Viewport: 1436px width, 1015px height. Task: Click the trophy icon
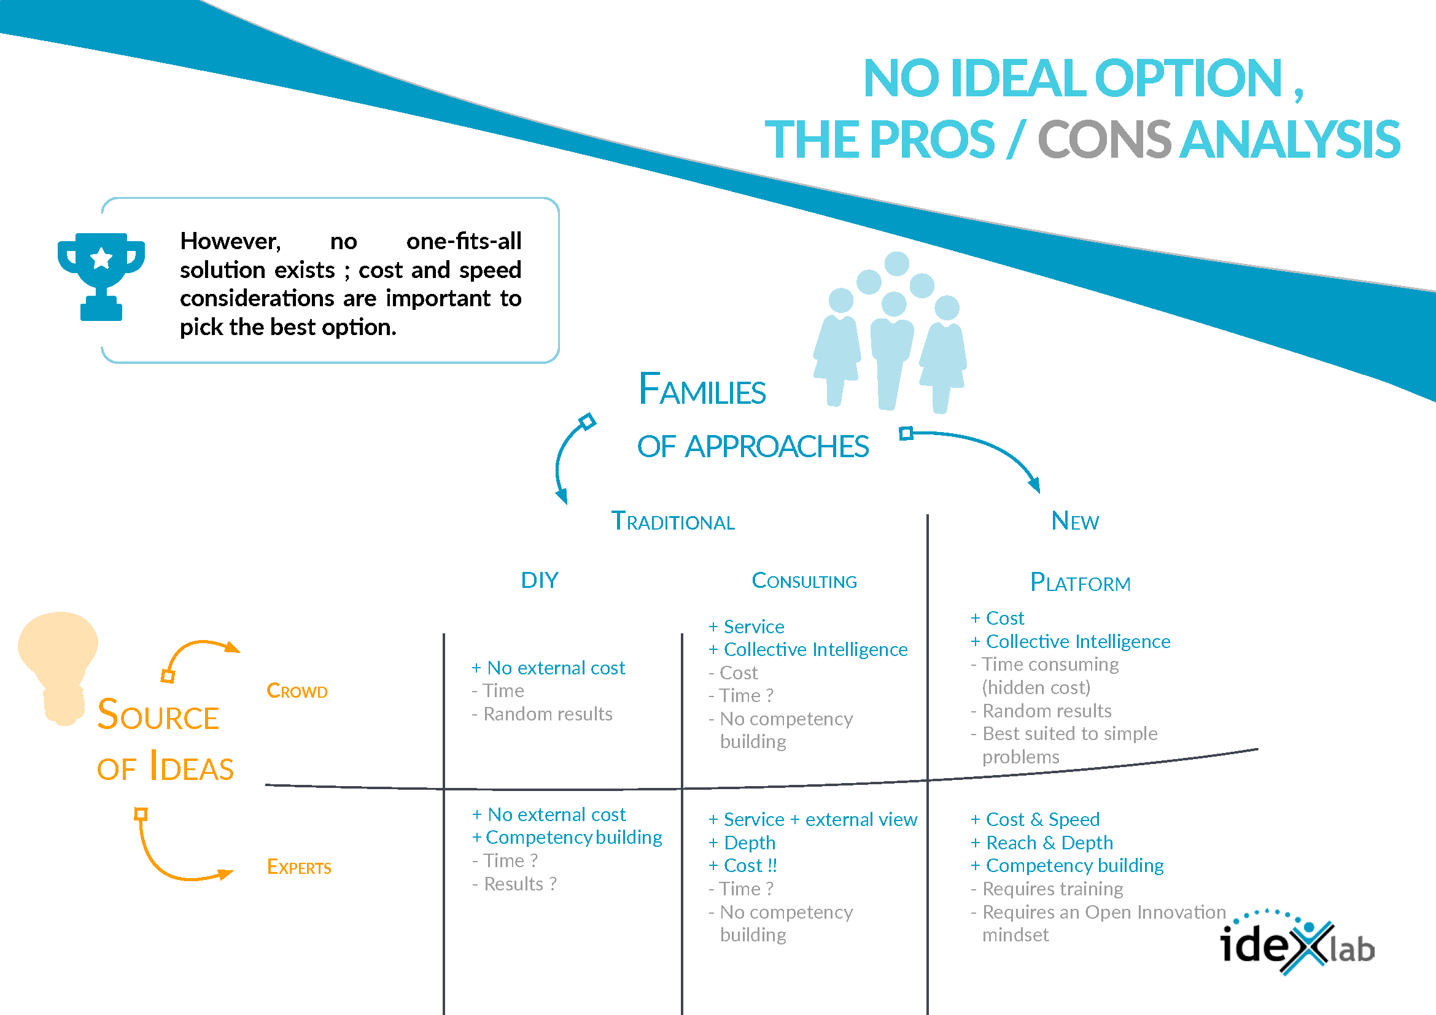pyautogui.click(x=101, y=276)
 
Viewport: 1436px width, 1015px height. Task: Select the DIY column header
pyautogui.click(x=539, y=581)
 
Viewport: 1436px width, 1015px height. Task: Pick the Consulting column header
pyautogui.click(x=804, y=581)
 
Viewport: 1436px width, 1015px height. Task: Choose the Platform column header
pyautogui.click(x=1080, y=582)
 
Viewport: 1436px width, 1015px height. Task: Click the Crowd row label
pyautogui.click(x=297, y=690)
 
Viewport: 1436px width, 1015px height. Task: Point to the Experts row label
pyautogui.click(x=299, y=867)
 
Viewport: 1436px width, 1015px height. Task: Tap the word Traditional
pyautogui.click(x=672, y=521)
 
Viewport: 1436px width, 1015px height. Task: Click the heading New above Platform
pyautogui.click(x=1074, y=521)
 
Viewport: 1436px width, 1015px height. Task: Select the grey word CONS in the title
pyautogui.click(x=1104, y=139)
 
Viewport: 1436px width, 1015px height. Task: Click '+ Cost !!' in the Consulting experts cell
pyautogui.click(x=743, y=866)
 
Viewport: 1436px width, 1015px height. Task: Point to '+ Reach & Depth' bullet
pyautogui.click(x=1042, y=843)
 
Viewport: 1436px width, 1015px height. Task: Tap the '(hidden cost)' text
pyautogui.click(x=1036, y=687)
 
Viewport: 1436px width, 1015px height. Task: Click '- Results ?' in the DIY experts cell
pyautogui.click(x=514, y=884)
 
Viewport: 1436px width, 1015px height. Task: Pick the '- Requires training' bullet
pyautogui.click(x=1047, y=889)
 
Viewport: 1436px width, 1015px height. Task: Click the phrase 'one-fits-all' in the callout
pyautogui.click(x=464, y=241)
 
